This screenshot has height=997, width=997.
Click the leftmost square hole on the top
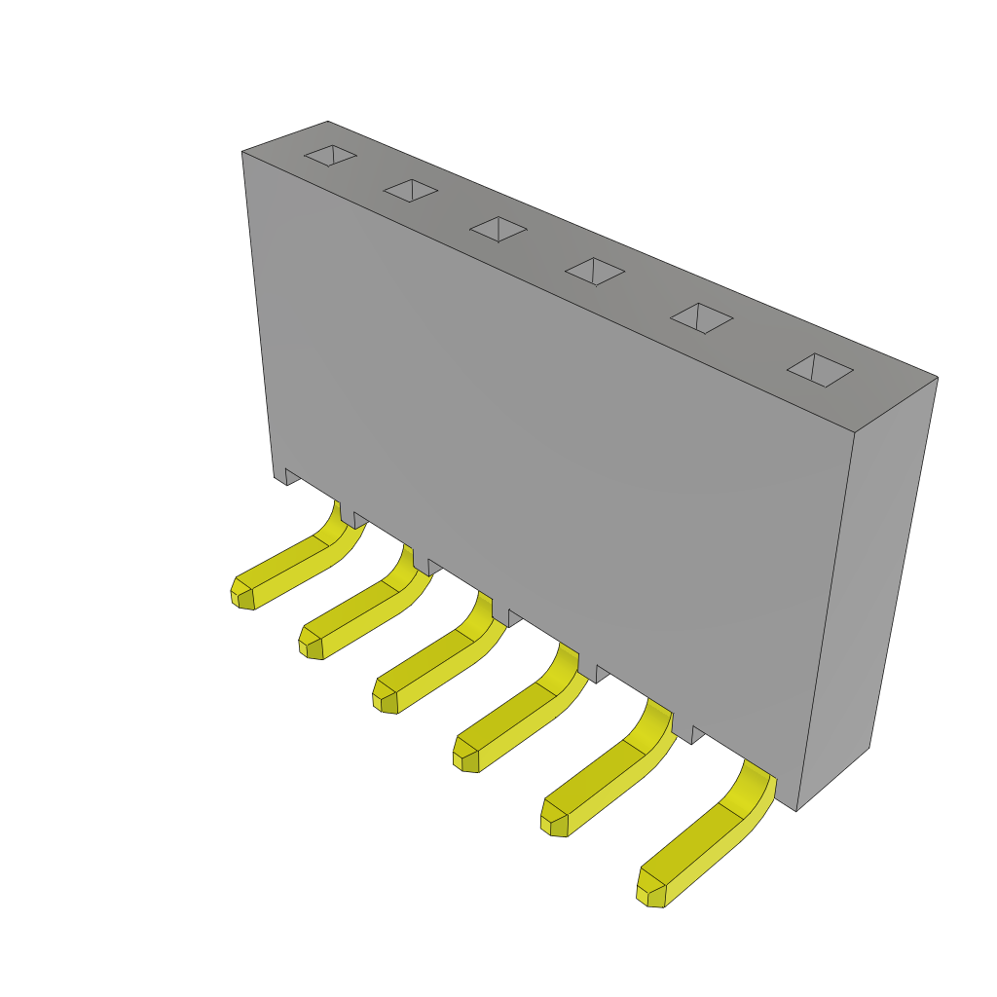330,156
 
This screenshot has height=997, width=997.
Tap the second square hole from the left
411,191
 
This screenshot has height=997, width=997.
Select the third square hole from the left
498,230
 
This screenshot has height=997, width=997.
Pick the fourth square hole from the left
594,272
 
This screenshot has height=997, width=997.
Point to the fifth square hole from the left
701,318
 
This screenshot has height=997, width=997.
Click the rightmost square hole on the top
820,370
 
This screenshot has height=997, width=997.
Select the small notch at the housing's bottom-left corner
291,476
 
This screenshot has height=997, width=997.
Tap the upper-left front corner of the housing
243,153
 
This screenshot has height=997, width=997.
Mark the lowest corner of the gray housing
796,810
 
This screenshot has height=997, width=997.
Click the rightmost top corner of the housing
937,378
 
